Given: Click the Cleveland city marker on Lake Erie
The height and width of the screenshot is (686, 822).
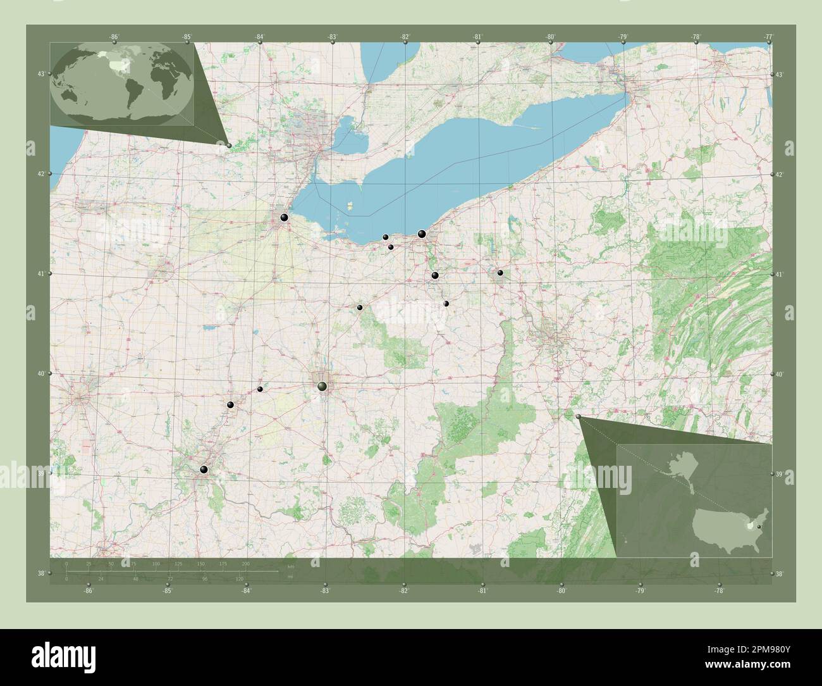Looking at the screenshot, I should click(422, 234).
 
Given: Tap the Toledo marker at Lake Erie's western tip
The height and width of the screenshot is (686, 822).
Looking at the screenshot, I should click(285, 218).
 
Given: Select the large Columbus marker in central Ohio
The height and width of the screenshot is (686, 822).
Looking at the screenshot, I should click(322, 386).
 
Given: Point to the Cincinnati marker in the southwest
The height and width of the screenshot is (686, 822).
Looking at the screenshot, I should click(204, 470).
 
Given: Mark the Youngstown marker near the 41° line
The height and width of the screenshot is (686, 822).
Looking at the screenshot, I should click(500, 273).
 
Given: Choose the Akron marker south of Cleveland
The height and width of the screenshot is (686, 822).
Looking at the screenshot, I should click(434, 275).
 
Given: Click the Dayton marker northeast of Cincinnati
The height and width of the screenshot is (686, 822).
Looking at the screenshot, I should click(231, 404).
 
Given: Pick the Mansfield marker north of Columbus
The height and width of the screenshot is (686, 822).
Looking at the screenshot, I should click(360, 308).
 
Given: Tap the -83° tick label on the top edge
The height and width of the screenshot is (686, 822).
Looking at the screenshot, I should click(333, 37).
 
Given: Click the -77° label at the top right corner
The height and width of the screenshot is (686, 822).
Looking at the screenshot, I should click(768, 37).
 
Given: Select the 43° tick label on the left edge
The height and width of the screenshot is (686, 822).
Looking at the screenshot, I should click(40, 75).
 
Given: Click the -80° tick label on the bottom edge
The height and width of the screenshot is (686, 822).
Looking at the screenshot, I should click(561, 591).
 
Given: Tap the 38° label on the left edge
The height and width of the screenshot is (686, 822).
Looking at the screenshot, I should click(40, 573).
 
